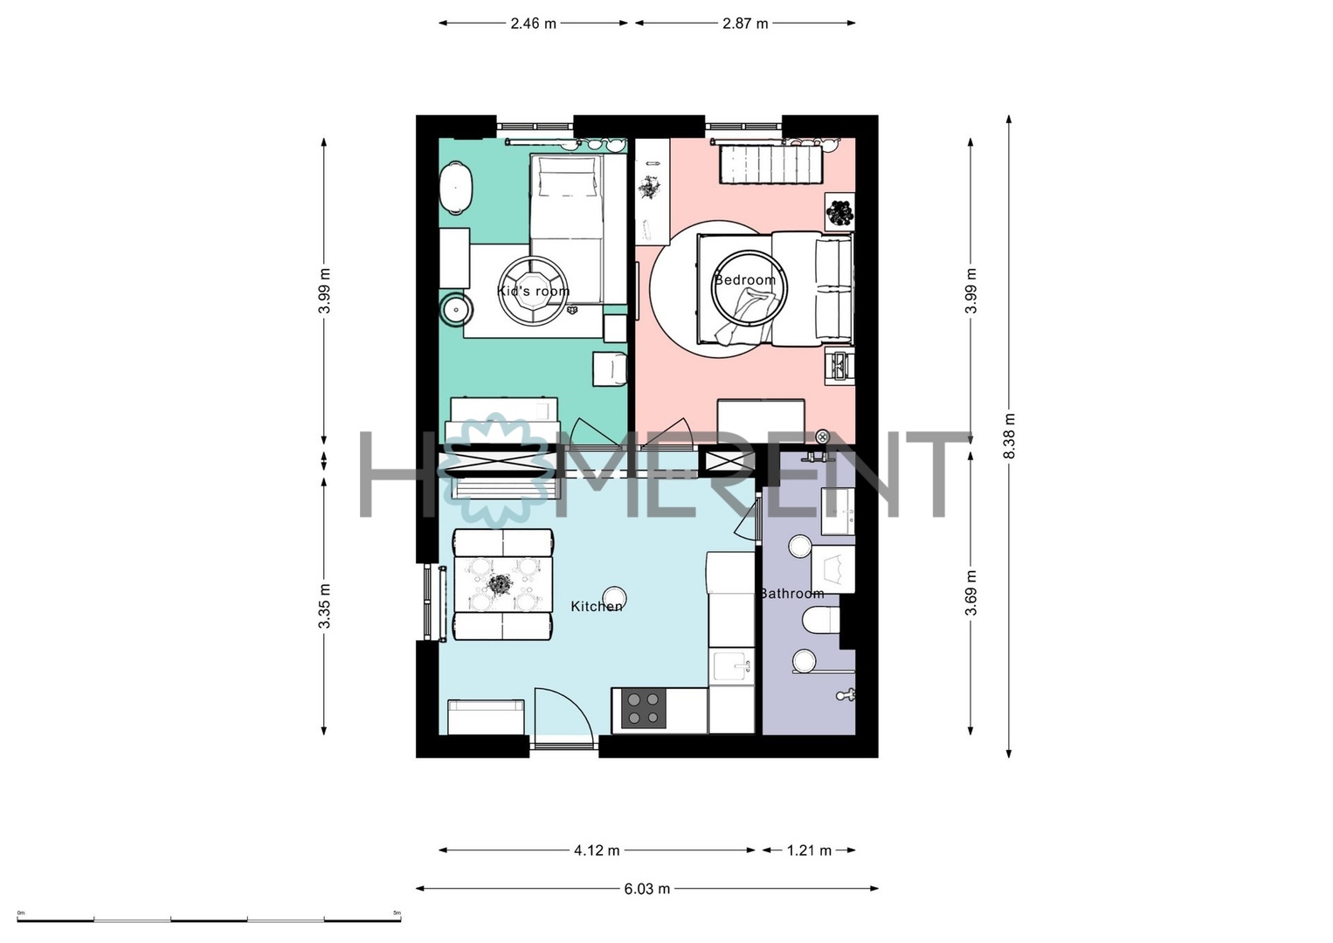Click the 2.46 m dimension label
coord(533,24)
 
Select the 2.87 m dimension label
coord(745,24)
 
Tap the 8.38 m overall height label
coord(1009,436)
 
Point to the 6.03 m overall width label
coord(647,889)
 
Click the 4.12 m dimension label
coord(597,850)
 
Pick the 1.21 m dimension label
coord(809,850)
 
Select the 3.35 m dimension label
coord(324,606)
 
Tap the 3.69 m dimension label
coord(971,593)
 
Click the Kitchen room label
coord(597,606)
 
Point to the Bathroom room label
coord(792,593)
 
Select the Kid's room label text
coord(533,291)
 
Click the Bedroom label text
coord(745,279)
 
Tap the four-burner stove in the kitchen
coord(643,709)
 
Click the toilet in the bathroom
coord(820,621)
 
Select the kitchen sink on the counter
coord(731,665)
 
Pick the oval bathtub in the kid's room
coord(457,187)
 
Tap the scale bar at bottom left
coord(209,919)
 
